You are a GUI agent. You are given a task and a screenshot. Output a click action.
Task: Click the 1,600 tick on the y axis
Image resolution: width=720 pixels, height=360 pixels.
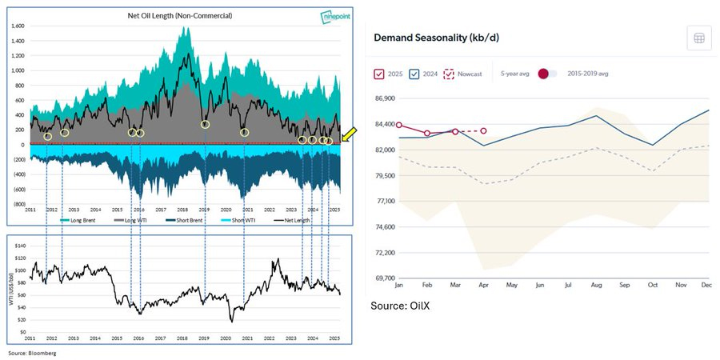click(x=18, y=26)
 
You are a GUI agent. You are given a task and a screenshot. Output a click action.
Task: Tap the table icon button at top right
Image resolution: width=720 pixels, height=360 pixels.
click(x=699, y=38)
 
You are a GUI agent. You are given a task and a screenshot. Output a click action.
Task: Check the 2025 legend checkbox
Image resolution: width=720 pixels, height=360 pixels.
click(x=380, y=74)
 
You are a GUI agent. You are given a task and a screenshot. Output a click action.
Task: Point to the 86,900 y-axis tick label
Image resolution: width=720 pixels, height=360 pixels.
click(x=380, y=98)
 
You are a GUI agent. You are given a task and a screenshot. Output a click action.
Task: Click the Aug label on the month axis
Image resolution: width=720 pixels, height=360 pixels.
click(x=596, y=286)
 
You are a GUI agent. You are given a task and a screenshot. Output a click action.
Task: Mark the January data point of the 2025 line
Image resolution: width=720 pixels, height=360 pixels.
click(x=399, y=126)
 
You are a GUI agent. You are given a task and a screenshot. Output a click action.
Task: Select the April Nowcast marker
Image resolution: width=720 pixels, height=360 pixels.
click(x=483, y=130)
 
